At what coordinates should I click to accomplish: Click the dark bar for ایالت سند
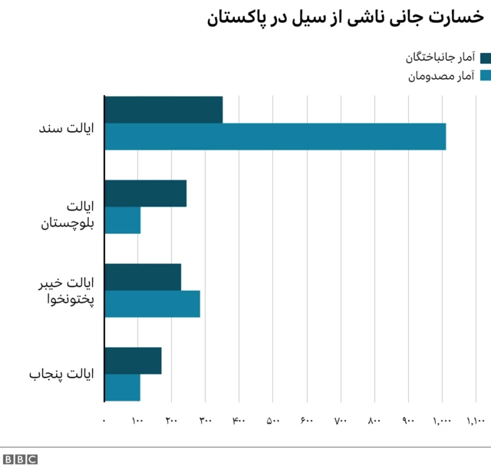(x=163, y=110)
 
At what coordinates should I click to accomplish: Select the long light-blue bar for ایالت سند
(x=275, y=137)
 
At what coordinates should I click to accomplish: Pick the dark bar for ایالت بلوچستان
(x=146, y=193)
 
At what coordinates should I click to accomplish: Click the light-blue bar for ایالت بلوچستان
(x=123, y=220)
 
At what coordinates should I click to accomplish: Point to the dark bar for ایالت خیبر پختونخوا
(x=143, y=277)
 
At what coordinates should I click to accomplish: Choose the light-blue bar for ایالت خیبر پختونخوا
(x=152, y=304)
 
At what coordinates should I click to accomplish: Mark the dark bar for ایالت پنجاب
(x=133, y=361)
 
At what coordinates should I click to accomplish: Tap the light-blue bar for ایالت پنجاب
(x=123, y=387)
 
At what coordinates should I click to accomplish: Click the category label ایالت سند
(x=66, y=124)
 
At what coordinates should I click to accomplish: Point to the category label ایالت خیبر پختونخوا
(x=66, y=291)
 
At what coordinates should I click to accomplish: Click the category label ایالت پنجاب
(x=61, y=375)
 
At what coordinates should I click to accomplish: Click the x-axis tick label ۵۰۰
(x=272, y=421)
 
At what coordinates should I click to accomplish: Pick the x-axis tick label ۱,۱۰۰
(x=476, y=421)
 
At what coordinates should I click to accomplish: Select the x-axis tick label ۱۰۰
(x=137, y=421)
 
